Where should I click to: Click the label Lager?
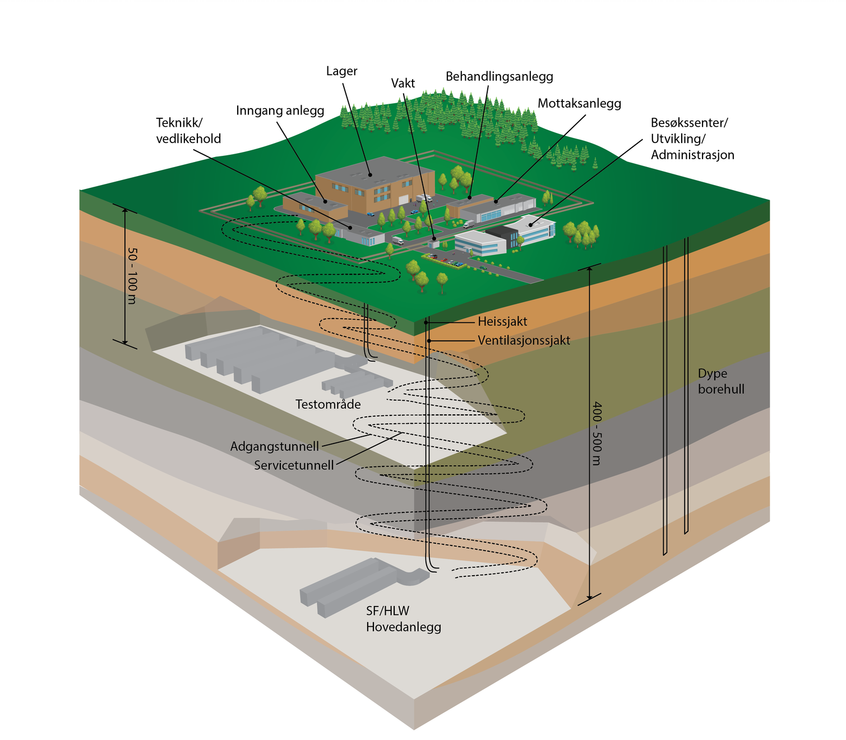341,71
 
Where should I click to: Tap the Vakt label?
403,84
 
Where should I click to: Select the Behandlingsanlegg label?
499,76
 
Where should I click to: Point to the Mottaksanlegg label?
579,103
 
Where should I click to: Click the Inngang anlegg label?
280,110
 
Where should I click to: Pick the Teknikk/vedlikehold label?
188,131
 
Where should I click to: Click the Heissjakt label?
502,322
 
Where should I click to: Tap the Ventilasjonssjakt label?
524,340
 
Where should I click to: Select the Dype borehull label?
721,381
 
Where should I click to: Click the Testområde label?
328,404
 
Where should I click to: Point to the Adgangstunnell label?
274,446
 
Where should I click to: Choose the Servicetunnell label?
294,465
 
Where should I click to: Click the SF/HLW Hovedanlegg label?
403,619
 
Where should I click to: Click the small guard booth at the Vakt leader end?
433,243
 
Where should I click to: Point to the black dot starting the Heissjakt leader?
426,322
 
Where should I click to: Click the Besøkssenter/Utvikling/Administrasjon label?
692,138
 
